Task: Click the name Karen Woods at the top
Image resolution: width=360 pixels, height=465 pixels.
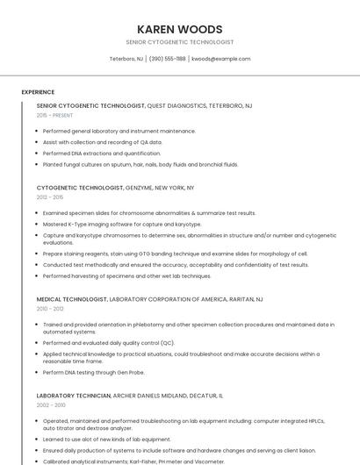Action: [180, 29]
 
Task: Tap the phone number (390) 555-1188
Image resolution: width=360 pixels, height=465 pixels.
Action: [167, 59]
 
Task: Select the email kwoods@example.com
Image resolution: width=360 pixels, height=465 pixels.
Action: [220, 59]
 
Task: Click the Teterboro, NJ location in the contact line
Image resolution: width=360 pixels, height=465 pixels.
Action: [126, 59]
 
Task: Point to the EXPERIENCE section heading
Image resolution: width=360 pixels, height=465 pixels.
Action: [38, 92]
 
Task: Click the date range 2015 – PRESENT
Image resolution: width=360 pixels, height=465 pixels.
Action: [55, 115]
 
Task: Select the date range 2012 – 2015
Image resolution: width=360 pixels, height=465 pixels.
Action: [52, 197]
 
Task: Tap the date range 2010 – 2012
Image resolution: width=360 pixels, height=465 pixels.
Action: [52, 309]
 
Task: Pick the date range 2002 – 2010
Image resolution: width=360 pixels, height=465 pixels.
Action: [52, 405]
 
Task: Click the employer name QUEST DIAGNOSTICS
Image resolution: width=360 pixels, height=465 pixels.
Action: [176, 105]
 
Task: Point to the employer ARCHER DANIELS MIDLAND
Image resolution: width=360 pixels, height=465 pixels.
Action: [153, 396]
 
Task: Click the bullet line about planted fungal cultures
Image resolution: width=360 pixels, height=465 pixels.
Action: [140, 164]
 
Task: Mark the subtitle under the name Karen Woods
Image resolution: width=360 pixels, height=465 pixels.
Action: [180, 42]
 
